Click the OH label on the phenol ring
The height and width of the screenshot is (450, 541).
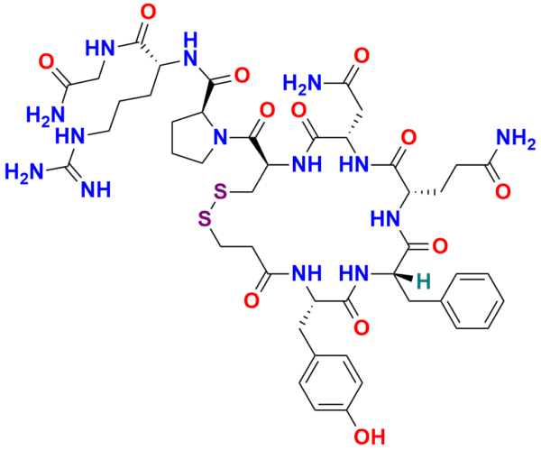click(x=369, y=436)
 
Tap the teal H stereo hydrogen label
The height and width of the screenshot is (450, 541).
click(x=424, y=281)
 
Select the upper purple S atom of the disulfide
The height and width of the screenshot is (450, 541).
click(x=221, y=192)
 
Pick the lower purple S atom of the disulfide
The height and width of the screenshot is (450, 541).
click(x=205, y=219)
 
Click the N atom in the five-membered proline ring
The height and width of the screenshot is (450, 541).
click(x=221, y=137)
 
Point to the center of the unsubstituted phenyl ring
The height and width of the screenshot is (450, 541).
click(x=473, y=301)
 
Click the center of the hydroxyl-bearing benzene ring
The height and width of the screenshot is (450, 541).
click(x=331, y=382)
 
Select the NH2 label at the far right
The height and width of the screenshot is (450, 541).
click(x=516, y=140)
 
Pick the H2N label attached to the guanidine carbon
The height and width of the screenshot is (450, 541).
click(x=24, y=172)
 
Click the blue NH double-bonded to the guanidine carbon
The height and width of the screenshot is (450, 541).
click(x=96, y=189)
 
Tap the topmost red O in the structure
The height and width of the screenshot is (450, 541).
click(x=149, y=13)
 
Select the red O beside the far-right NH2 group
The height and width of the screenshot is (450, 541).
click(x=503, y=191)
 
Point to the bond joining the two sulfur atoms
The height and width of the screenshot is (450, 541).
click(x=213, y=206)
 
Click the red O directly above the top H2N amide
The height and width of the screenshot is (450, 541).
click(x=362, y=56)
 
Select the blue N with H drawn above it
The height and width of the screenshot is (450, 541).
click(x=190, y=60)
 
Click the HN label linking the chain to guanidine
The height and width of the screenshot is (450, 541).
click(x=69, y=137)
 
